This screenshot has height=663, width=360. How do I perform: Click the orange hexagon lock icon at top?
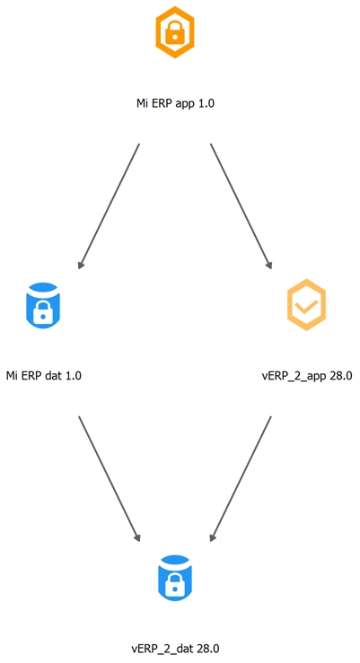(x=175, y=32)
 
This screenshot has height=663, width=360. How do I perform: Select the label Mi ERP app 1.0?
(x=175, y=103)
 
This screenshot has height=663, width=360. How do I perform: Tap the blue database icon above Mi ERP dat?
(x=43, y=304)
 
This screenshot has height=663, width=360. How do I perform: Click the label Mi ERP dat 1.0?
(x=44, y=375)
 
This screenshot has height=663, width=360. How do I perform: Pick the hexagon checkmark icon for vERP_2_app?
(x=306, y=304)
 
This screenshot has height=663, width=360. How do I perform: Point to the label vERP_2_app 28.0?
(x=307, y=376)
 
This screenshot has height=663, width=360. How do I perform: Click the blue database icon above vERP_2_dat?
(x=175, y=578)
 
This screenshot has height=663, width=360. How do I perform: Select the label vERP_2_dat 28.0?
(x=175, y=649)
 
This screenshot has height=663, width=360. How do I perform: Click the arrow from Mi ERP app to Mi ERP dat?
(x=109, y=206)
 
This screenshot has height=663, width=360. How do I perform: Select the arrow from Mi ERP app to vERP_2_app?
(x=241, y=206)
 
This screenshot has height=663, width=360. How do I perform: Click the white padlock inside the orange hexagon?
(x=175, y=33)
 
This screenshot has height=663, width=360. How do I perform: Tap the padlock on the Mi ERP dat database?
(x=43, y=311)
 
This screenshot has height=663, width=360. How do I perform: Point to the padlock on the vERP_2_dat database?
(x=175, y=585)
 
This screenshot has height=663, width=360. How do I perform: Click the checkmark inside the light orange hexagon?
(x=307, y=306)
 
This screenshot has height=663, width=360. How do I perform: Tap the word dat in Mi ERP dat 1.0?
(x=53, y=375)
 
